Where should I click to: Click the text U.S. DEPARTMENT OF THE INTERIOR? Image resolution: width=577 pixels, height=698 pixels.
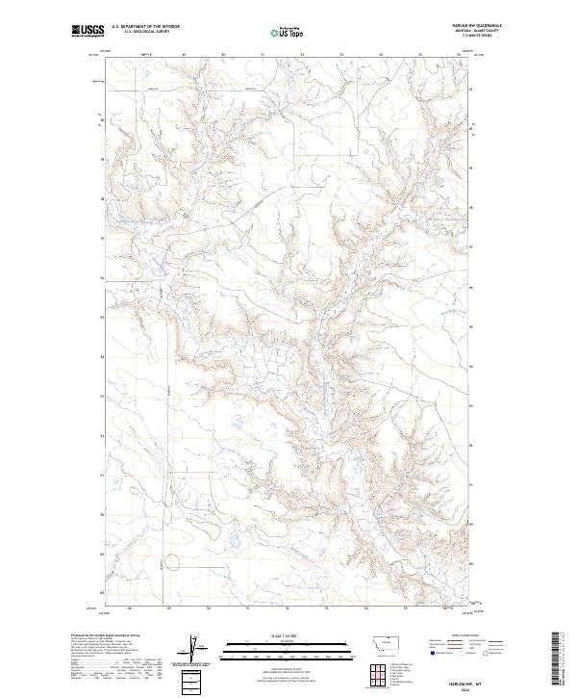pyautogui.click(x=145, y=27)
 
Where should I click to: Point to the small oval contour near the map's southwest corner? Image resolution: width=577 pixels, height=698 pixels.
pyautogui.click(x=171, y=561)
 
